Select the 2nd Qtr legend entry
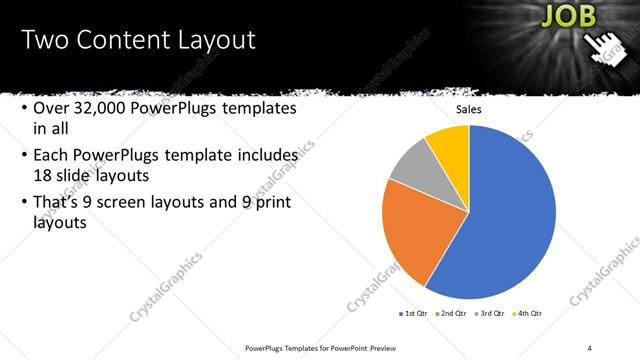[453, 314]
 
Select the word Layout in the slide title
[210, 41]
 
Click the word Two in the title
[42, 41]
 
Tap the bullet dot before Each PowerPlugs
[22, 157]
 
